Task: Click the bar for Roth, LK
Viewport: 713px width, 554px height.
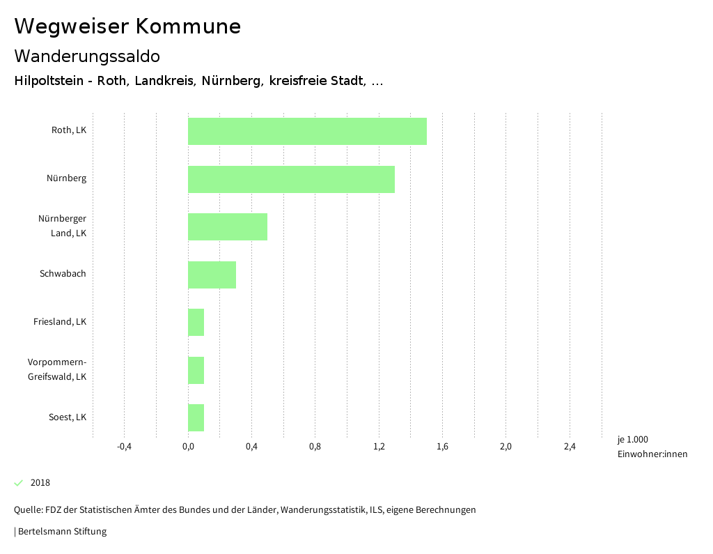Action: (x=307, y=131)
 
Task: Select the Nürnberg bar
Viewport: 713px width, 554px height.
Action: (x=291, y=179)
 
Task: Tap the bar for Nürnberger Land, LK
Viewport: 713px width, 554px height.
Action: (x=228, y=226)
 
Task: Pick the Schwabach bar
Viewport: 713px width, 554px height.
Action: (x=212, y=275)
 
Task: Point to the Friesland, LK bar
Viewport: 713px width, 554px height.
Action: (x=196, y=322)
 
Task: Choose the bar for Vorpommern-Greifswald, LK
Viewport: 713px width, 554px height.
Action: (x=196, y=370)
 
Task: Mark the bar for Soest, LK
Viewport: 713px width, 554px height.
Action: (x=196, y=417)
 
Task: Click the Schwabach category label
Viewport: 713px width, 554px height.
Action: (x=63, y=274)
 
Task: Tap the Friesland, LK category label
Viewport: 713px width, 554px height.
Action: (x=60, y=322)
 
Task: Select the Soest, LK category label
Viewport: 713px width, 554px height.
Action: (x=68, y=417)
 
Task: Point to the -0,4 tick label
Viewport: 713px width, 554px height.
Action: (x=125, y=447)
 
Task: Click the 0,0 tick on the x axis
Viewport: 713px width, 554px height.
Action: (x=188, y=447)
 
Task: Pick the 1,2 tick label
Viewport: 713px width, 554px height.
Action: (x=379, y=447)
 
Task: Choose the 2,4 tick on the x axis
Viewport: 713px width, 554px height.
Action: (x=570, y=447)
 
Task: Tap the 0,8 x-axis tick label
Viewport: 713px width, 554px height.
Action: (x=315, y=447)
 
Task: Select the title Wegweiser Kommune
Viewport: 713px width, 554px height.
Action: (x=127, y=26)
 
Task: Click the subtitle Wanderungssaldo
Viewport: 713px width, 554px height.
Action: (x=87, y=56)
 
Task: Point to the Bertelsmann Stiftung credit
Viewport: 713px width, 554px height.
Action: (x=61, y=532)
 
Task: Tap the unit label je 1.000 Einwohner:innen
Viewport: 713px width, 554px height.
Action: (x=652, y=447)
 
